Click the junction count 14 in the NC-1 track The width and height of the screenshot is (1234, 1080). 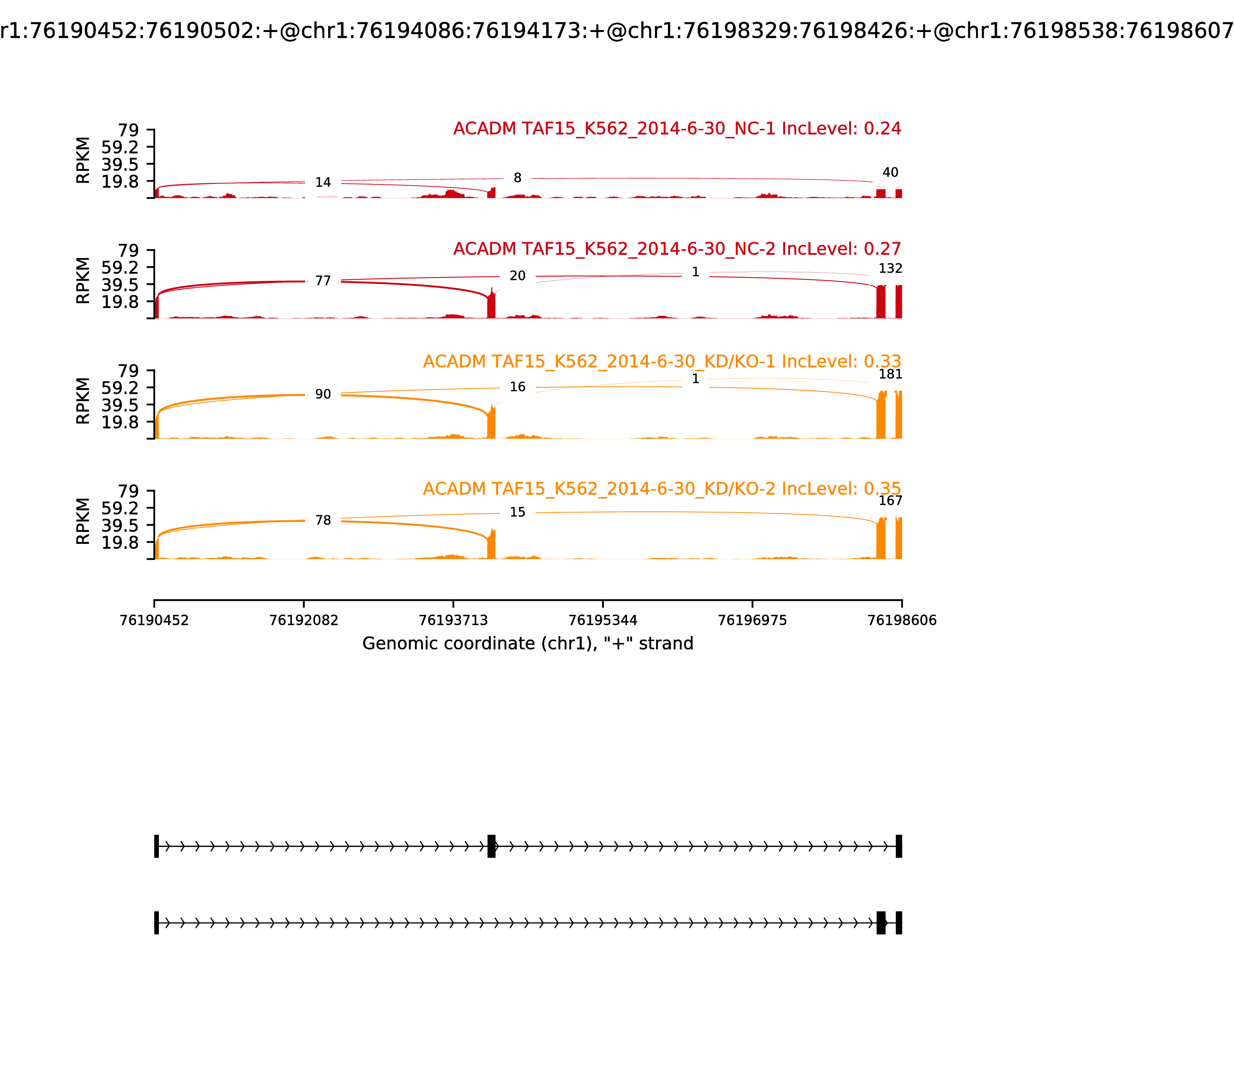(323, 182)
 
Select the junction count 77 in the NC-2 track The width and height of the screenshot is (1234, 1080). (323, 281)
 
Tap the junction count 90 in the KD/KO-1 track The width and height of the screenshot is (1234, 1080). (323, 394)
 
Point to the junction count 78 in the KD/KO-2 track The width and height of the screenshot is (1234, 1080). (323, 520)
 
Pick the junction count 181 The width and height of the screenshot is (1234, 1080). (890, 374)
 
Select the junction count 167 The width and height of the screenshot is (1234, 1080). (890, 501)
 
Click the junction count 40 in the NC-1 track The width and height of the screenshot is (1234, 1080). (890, 172)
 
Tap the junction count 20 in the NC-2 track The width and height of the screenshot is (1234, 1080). (518, 276)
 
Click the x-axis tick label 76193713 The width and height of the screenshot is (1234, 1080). (453, 620)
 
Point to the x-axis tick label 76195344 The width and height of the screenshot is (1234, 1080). (602, 620)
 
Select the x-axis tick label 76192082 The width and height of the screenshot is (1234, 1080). (304, 620)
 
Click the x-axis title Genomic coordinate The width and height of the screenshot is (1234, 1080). (528, 644)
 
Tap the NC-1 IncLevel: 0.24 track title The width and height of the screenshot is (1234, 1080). (677, 128)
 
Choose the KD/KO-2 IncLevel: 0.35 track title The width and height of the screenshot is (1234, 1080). (662, 489)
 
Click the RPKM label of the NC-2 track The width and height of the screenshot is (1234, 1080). (83, 280)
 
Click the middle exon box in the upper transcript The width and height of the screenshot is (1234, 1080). (491, 846)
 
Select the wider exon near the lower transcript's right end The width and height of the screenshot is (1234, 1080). (881, 923)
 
